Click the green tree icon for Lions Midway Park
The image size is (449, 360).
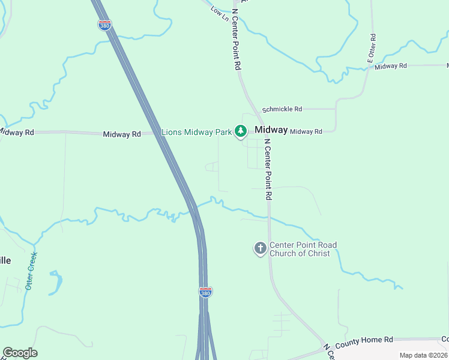(x=241, y=131)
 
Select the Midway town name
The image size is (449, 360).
(x=271, y=130)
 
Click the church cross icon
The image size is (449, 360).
(x=260, y=248)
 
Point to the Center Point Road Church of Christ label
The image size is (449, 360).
(x=303, y=249)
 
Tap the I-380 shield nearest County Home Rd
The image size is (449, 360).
(x=205, y=292)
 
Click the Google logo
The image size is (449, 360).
(x=20, y=353)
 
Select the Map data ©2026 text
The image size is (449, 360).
(x=423, y=355)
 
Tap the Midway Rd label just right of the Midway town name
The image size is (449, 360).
(x=306, y=131)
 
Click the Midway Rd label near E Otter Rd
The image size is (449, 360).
(x=391, y=66)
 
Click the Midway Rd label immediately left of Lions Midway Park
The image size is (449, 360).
(x=121, y=134)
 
